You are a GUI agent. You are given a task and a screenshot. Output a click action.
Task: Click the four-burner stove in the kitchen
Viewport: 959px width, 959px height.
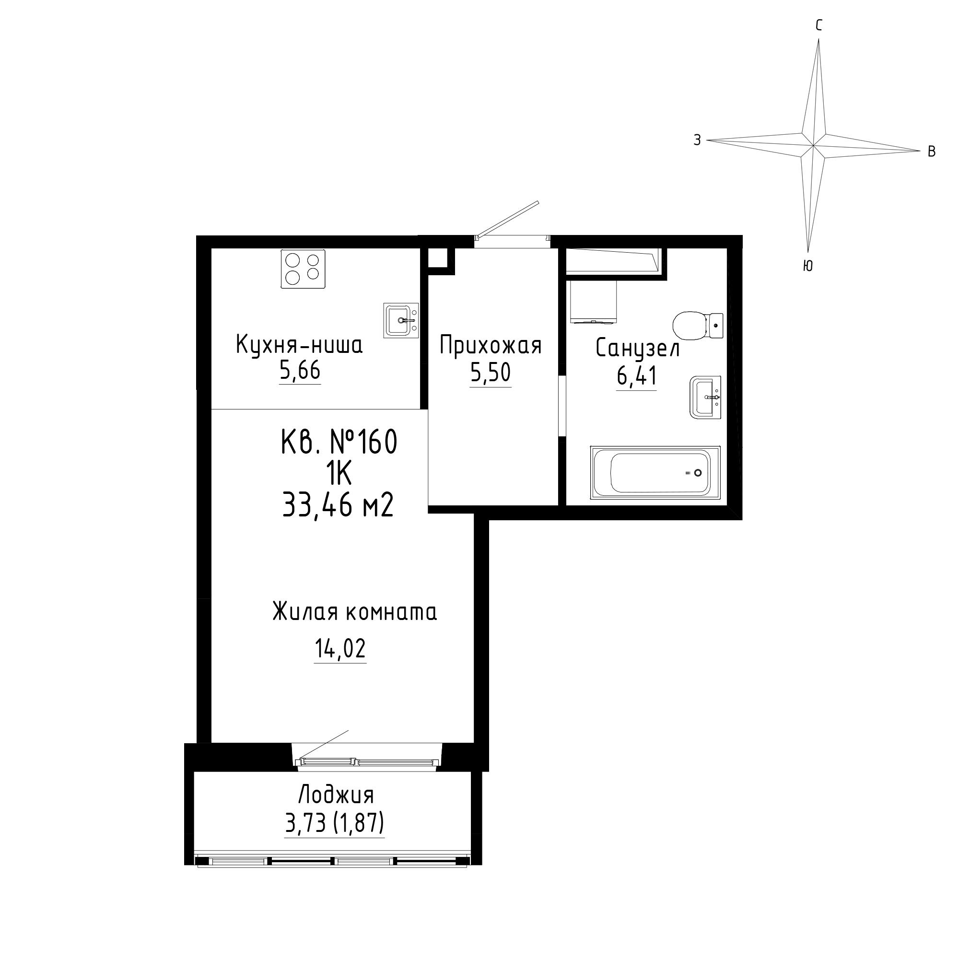tap(303, 269)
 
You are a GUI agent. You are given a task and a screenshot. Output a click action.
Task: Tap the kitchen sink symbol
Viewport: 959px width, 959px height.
tap(401, 320)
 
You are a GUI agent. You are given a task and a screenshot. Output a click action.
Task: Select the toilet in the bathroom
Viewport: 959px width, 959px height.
tap(697, 326)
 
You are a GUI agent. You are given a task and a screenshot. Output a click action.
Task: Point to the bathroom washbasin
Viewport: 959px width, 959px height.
tap(705, 397)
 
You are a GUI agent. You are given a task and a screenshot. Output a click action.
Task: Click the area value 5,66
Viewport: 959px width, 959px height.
tap(300, 370)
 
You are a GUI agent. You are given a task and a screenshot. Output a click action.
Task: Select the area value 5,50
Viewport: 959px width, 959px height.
tap(491, 373)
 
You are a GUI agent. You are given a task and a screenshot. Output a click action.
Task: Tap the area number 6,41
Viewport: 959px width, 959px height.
tap(637, 376)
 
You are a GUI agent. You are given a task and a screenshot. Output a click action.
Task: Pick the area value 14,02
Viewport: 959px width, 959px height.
tap(340, 648)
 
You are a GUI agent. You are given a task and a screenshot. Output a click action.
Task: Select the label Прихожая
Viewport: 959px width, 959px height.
tap(491, 345)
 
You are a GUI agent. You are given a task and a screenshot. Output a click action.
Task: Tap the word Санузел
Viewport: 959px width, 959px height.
tap(637, 348)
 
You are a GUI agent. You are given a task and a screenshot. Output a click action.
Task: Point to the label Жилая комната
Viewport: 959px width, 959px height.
tap(355, 612)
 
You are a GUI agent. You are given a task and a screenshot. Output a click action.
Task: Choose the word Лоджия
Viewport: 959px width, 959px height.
tap(336, 795)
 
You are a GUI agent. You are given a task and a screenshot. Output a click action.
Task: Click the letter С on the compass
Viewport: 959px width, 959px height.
tap(819, 25)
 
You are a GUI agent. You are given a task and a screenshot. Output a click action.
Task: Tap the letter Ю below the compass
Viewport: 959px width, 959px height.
tap(807, 266)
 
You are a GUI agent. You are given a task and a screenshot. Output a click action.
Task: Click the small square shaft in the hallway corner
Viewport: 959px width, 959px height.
tap(438, 258)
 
